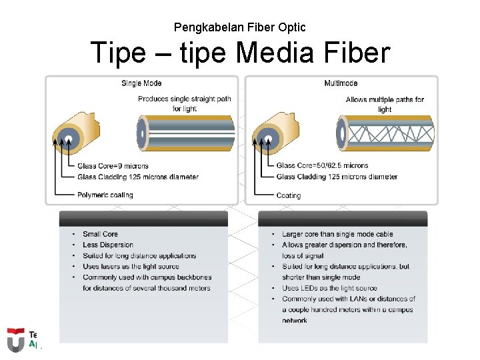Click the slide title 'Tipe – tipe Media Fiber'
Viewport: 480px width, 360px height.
point(239,53)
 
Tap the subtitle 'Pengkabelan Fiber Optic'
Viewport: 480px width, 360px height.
point(239,27)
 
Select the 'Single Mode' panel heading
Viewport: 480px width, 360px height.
point(141,83)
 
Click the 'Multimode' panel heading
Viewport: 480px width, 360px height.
point(341,83)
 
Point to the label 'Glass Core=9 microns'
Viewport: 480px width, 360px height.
point(113,166)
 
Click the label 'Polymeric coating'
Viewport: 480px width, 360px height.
point(105,195)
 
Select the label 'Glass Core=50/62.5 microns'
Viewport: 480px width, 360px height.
point(322,166)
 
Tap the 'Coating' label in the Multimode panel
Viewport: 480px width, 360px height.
point(289,195)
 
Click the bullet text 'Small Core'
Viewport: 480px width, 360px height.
point(100,234)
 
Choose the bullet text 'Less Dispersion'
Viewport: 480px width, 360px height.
point(108,245)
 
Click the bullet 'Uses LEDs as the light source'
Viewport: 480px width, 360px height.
point(329,288)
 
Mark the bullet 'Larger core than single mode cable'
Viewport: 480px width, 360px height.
point(337,234)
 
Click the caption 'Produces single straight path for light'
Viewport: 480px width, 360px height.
point(185,104)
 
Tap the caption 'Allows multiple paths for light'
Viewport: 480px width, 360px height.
point(385,104)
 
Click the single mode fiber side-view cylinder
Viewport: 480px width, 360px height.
point(186,133)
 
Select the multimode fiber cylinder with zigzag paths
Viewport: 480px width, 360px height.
point(386,133)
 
